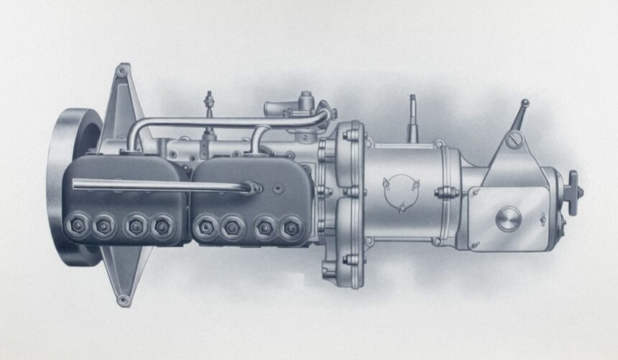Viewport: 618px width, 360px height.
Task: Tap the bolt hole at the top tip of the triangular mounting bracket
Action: (122, 70)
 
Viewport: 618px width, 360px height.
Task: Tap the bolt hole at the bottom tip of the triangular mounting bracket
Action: (124, 299)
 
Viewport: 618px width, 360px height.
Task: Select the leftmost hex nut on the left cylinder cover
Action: (76, 226)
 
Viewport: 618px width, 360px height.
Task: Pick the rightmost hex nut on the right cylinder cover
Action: (291, 229)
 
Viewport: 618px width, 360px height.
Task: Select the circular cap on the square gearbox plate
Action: (508, 218)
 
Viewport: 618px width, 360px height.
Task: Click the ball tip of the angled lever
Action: (525, 103)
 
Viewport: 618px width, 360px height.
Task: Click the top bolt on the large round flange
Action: (354, 134)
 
